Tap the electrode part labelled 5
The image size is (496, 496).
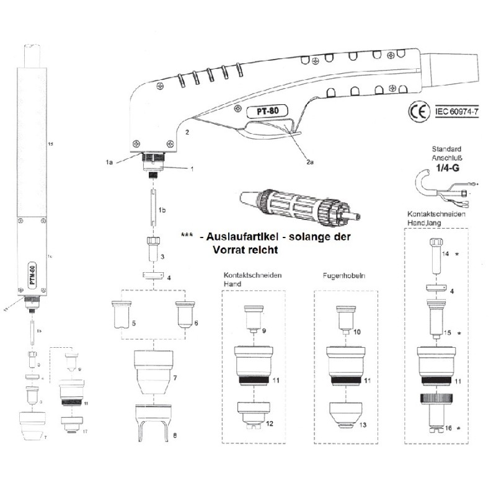pyautogui.click(x=122, y=314)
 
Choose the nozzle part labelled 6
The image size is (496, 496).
pyautogui.click(x=184, y=314)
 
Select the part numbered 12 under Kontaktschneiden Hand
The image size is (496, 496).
pyautogui.click(x=253, y=414)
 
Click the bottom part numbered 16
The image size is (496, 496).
pyautogui.click(x=435, y=418)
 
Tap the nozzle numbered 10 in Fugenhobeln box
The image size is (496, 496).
pyautogui.click(x=345, y=319)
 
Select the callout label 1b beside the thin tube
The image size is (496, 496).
pyautogui.click(x=162, y=211)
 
